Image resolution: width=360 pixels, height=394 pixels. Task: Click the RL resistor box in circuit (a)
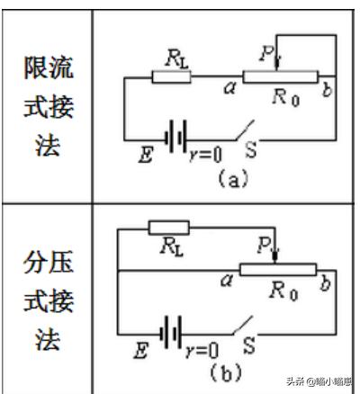click(171, 76)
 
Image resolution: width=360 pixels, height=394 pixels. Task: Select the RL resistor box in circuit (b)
click(169, 228)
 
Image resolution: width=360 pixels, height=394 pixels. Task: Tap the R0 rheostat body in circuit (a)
click(280, 76)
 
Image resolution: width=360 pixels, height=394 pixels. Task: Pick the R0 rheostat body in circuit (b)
click(278, 270)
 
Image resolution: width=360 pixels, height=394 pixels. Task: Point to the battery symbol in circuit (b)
click(171, 332)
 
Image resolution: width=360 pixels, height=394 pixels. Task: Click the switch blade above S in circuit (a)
click(245, 130)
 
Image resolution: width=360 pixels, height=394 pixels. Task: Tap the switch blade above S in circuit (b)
click(243, 325)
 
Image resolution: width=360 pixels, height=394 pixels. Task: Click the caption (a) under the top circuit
click(233, 178)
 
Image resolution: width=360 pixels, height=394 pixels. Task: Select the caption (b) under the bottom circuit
click(226, 372)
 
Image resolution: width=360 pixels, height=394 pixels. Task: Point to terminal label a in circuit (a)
click(230, 87)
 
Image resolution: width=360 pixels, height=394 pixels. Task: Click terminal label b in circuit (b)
click(326, 283)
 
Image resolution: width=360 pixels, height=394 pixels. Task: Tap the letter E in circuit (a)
click(146, 155)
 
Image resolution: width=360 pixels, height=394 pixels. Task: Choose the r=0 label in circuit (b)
click(202, 350)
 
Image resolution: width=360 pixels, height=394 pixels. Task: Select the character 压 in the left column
click(61, 262)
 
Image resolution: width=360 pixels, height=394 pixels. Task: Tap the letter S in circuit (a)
click(251, 149)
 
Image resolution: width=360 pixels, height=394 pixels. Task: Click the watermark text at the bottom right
click(319, 381)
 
